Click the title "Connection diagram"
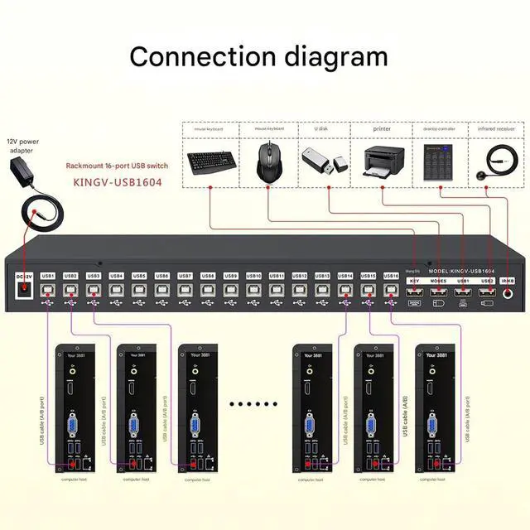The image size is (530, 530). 258,56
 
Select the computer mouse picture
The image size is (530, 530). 268,161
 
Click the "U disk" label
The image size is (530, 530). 322,129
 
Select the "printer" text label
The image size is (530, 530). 382,129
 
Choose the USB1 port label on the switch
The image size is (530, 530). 48,276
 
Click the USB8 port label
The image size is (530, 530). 208,276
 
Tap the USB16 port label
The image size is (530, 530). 391,276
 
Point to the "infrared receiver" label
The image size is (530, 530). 495,129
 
